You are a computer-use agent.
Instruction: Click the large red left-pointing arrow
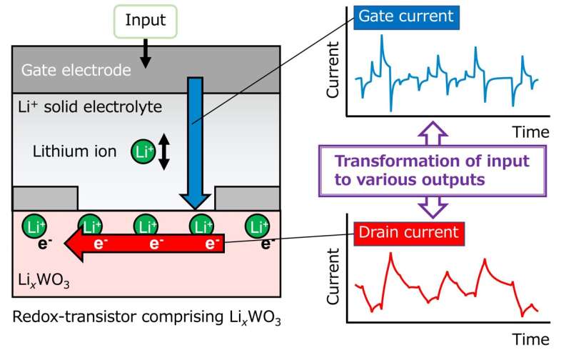(143, 245)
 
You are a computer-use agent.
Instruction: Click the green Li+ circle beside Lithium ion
(141, 151)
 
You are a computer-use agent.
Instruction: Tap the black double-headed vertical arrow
(163, 151)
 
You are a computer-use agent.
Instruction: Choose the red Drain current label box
(408, 231)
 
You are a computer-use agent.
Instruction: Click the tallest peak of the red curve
(390, 254)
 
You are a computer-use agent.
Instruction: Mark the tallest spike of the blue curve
(383, 41)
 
